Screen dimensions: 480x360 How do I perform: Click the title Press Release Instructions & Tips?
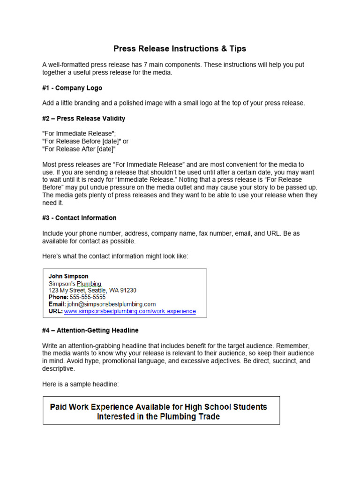(180, 49)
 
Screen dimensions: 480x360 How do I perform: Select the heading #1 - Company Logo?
(72, 88)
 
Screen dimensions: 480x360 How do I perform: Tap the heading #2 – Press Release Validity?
(83, 119)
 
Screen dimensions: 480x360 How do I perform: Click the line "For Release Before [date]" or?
(85, 142)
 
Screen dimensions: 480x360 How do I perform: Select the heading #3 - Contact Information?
(79, 218)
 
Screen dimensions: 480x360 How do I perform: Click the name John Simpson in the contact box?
(68, 277)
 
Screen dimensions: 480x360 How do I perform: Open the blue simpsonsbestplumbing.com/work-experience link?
(130, 311)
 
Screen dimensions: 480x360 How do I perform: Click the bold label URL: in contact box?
(55, 311)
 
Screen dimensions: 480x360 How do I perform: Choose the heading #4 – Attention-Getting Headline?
(90, 330)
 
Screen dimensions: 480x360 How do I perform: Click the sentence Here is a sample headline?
(81, 384)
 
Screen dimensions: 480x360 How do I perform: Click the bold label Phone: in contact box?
(59, 297)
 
